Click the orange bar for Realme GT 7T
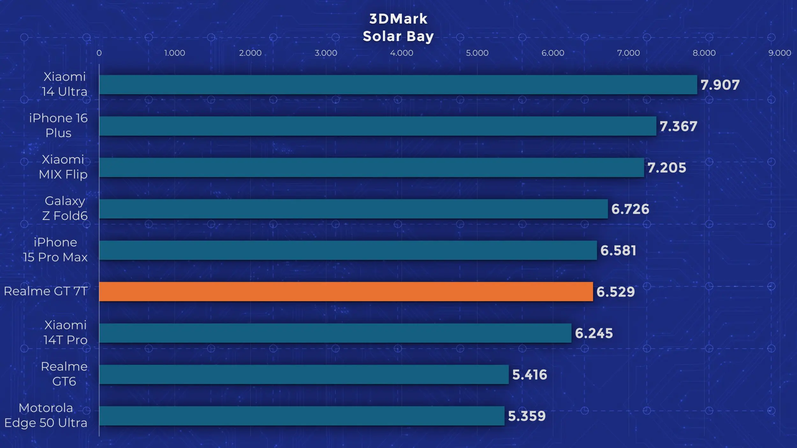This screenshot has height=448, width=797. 346,292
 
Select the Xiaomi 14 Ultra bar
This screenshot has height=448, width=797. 398,84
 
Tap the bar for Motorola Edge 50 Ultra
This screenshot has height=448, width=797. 302,416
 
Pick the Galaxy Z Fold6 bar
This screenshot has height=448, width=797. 354,209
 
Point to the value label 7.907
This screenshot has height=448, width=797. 720,85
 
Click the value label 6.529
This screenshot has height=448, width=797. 616,292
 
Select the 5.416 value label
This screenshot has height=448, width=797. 530,375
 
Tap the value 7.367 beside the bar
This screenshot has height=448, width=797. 678,126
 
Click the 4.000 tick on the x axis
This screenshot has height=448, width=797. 402,53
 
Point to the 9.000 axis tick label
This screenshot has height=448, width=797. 780,53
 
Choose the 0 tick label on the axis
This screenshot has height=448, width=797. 99,53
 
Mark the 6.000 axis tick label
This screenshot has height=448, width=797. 553,53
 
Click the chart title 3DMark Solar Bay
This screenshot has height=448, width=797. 398,27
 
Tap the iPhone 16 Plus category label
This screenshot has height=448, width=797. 58,125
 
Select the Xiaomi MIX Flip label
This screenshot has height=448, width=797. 63,167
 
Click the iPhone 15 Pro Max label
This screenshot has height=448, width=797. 55,249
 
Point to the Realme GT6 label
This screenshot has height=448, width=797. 64,374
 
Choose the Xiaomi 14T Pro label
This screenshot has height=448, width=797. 65,332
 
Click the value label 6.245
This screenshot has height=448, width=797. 594,333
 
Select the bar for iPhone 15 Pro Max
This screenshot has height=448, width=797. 348,250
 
